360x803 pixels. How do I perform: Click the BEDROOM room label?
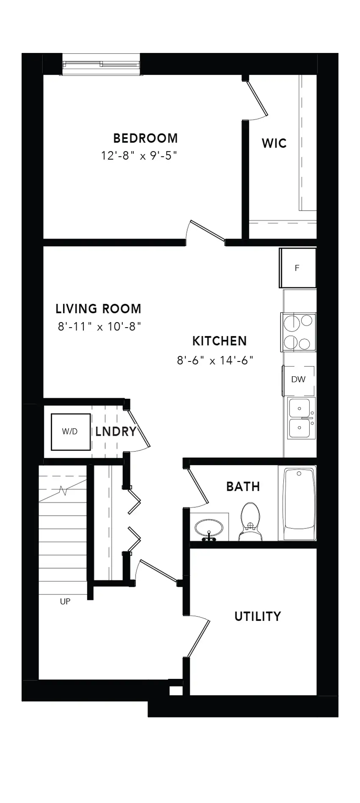tap(145, 138)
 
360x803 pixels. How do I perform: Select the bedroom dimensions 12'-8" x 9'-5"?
tap(138, 156)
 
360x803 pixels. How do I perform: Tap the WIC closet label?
tap(274, 143)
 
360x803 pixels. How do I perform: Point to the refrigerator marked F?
tap(297, 268)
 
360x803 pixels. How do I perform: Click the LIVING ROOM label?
tap(98, 308)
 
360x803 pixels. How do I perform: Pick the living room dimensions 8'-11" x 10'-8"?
tap(100, 327)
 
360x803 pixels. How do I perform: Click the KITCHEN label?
tap(219, 341)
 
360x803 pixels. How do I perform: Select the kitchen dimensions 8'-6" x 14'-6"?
tap(215, 361)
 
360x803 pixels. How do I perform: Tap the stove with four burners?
tap(298, 332)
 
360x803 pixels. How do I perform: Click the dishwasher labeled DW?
tap(299, 380)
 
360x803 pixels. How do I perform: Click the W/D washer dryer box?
tap(71, 432)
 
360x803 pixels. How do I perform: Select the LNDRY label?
tap(116, 432)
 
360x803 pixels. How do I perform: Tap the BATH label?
tap(243, 486)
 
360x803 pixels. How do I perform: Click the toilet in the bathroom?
tap(250, 521)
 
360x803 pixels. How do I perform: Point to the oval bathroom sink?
tap(209, 528)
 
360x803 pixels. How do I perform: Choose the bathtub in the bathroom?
tap(299, 503)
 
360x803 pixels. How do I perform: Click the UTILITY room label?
tap(258, 616)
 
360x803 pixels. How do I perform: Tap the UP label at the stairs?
tap(65, 601)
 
